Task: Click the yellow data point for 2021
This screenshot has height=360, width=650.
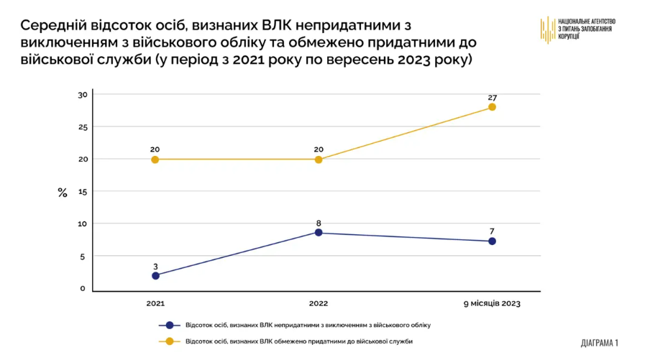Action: point(155,160)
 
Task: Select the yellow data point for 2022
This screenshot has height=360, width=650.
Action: point(319,160)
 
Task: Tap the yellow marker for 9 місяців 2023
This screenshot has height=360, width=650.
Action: point(492,107)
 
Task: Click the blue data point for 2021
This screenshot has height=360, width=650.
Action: point(155,275)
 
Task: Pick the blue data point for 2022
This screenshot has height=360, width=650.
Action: point(319,233)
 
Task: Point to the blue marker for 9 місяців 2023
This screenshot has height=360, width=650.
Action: point(492,241)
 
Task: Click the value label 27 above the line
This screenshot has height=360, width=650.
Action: point(492,97)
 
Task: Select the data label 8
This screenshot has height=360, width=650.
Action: point(319,223)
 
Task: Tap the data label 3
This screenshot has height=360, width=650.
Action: point(155,266)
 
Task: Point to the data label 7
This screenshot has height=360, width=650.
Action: point(492,231)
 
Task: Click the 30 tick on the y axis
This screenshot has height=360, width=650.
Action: point(82,95)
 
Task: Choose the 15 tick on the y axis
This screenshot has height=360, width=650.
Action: point(82,192)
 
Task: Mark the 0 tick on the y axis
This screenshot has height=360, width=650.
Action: point(83,289)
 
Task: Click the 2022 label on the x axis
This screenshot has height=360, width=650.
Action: point(319,304)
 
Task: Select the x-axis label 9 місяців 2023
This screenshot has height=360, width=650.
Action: point(492,304)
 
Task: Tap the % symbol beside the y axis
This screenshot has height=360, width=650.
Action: point(63,193)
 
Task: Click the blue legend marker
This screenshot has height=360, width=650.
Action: point(169,325)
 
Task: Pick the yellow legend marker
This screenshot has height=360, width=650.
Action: point(169,341)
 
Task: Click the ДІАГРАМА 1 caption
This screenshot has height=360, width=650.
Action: point(599,343)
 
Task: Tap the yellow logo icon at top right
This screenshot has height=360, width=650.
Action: point(548,29)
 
